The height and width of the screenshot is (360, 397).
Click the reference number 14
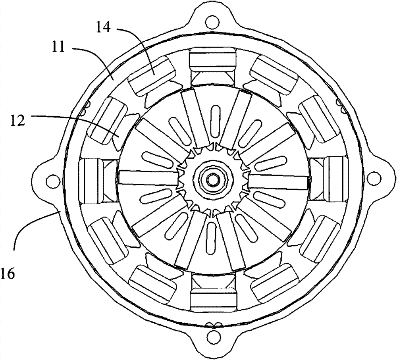[103, 27]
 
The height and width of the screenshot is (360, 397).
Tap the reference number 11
[58, 47]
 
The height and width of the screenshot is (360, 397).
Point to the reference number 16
[8, 274]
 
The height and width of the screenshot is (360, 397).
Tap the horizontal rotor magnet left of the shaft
[149, 177]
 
